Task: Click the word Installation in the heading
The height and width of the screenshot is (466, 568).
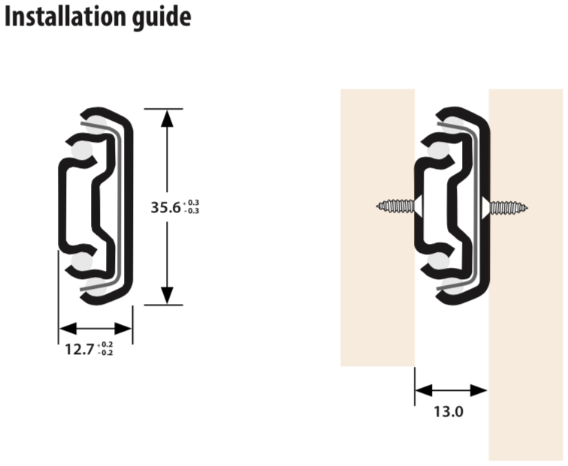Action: pyautogui.click(x=65, y=17)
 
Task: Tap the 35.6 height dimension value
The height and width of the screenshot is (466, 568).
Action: pyautogui.click(x=165, y=207)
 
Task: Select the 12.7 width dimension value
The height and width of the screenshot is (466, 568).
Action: pyautogui.click(x=80, y=350)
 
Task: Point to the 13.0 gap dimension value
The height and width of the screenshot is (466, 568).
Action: pyautogui.click(x=449, y=412)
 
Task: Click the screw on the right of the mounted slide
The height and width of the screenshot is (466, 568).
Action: pyautogui.click(x=505, y=208)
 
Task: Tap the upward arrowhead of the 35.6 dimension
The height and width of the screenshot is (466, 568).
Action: pyautogui.click(x=167, y=119)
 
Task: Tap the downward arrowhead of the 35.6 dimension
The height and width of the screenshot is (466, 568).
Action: pyautogui.click(x=167, y=295)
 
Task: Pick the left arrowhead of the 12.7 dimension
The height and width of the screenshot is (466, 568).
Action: pyautogui.click(x=68, y=329)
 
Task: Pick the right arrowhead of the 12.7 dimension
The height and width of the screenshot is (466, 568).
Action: pyautogui.click(x=123, y=329)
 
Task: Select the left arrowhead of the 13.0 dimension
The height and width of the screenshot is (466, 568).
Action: pyautogui.click(x=424, y=391)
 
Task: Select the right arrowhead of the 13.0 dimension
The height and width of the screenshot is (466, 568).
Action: pyautogui.click(x=478, y=391)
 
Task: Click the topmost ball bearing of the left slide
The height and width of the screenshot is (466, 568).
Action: pyautogui.click(x=97, y=124)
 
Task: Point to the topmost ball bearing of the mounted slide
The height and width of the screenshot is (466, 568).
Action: pyautogui.click(x=453, y=124)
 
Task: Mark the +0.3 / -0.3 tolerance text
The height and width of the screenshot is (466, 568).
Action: pyautogui.click(x=192, y=206)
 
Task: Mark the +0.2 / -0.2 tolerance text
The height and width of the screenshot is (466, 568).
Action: pyautogui.click(x=105, y=348)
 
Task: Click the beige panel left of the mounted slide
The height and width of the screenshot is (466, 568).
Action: pyautogui.click(x=377, y=227)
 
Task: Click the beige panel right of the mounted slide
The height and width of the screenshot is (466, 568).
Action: pyautogui.click(x=526, y=275)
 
